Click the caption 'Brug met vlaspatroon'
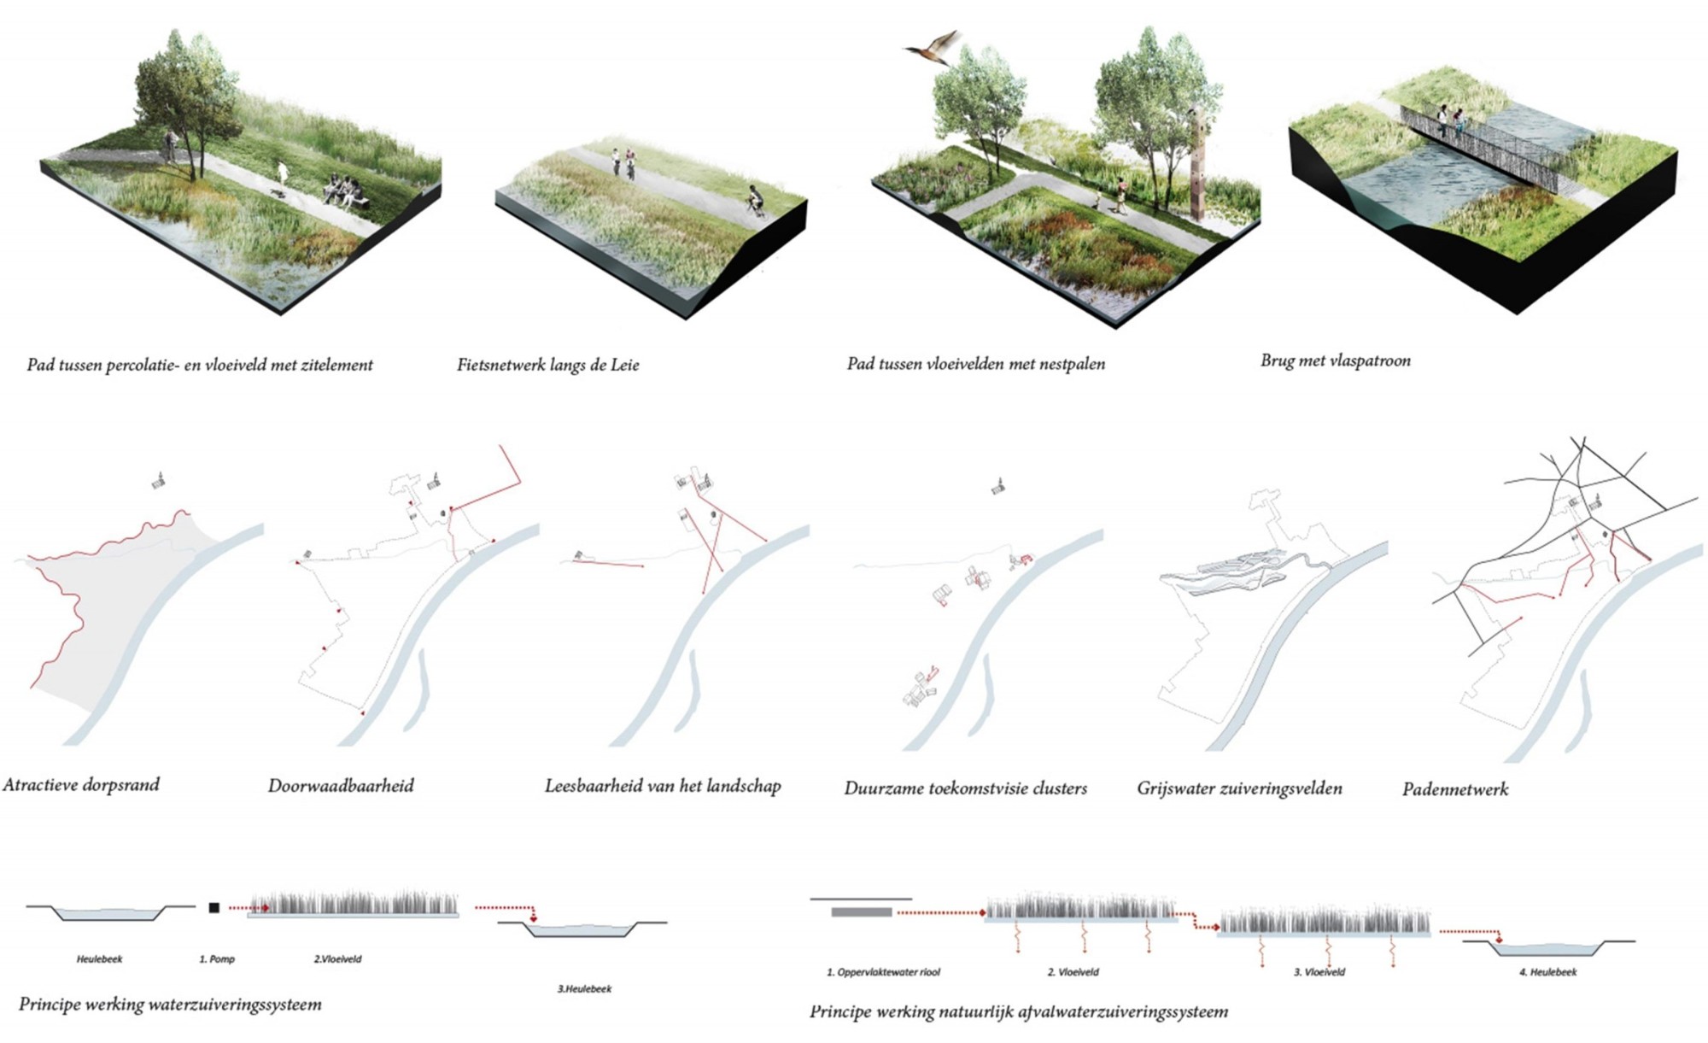coord(1335,360)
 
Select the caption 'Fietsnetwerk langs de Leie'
coord(547,365)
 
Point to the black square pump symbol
coord(213,908)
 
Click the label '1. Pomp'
coord(217,959)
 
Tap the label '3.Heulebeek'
coord(584,988)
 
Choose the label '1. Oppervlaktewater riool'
coord(883,972)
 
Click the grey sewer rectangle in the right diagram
coord(861,912)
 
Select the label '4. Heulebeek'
coord(1547,972)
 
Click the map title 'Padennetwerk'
coord(1454,789)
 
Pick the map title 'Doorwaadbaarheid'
coord(341,786)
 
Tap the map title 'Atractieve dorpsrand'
coord(81,785)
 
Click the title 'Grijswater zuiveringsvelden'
coord(1239,788)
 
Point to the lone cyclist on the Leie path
coord(753,200)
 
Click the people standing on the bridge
coord(1450,121)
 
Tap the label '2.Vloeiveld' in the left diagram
coord(337,959)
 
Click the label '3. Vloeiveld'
coord(1319,972)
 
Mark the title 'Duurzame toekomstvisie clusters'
coord(965,788)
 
